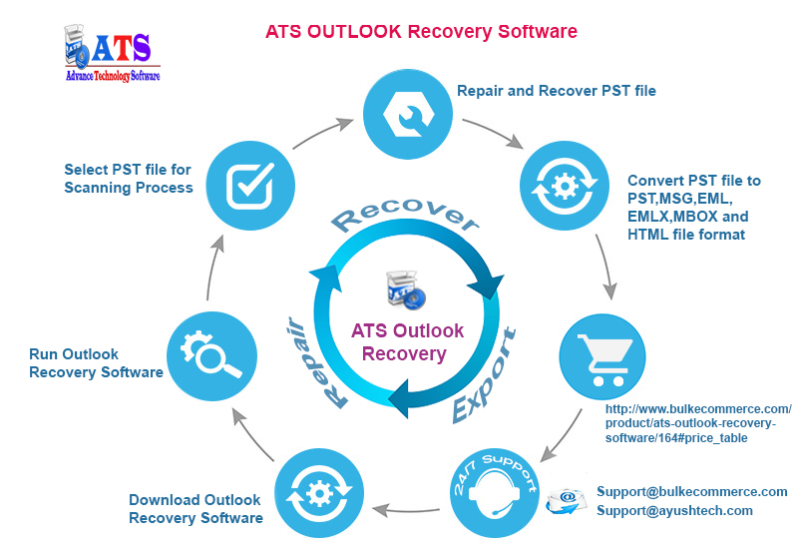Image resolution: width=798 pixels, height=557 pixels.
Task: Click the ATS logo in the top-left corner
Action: [112, 53]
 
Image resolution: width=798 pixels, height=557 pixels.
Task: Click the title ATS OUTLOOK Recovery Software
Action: [421, 32]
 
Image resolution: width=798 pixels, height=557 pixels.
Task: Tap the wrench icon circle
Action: [408, 114]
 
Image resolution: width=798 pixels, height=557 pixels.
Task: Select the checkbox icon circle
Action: [250, 186]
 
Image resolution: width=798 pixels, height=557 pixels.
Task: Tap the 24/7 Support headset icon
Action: [495, 493]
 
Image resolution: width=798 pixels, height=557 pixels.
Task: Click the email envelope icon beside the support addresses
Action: [566, 501]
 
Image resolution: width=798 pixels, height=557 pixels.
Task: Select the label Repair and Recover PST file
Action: [557, 91]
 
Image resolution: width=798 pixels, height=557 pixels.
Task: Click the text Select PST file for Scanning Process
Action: [129, 179]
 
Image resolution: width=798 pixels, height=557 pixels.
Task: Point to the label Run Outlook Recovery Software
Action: [96, 363]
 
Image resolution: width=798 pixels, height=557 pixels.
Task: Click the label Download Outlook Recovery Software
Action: [196, 509]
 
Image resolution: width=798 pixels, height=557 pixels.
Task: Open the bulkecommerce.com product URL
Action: [698, 423]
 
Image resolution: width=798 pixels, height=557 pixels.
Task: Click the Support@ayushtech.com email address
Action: [674, 511]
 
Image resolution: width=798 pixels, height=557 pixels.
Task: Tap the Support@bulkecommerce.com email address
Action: [691, 492]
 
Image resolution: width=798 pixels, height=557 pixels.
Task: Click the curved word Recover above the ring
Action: [406, 216]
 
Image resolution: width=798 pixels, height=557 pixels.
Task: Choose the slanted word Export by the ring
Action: [484, 375]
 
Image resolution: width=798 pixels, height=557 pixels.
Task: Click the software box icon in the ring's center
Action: [406, 289]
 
